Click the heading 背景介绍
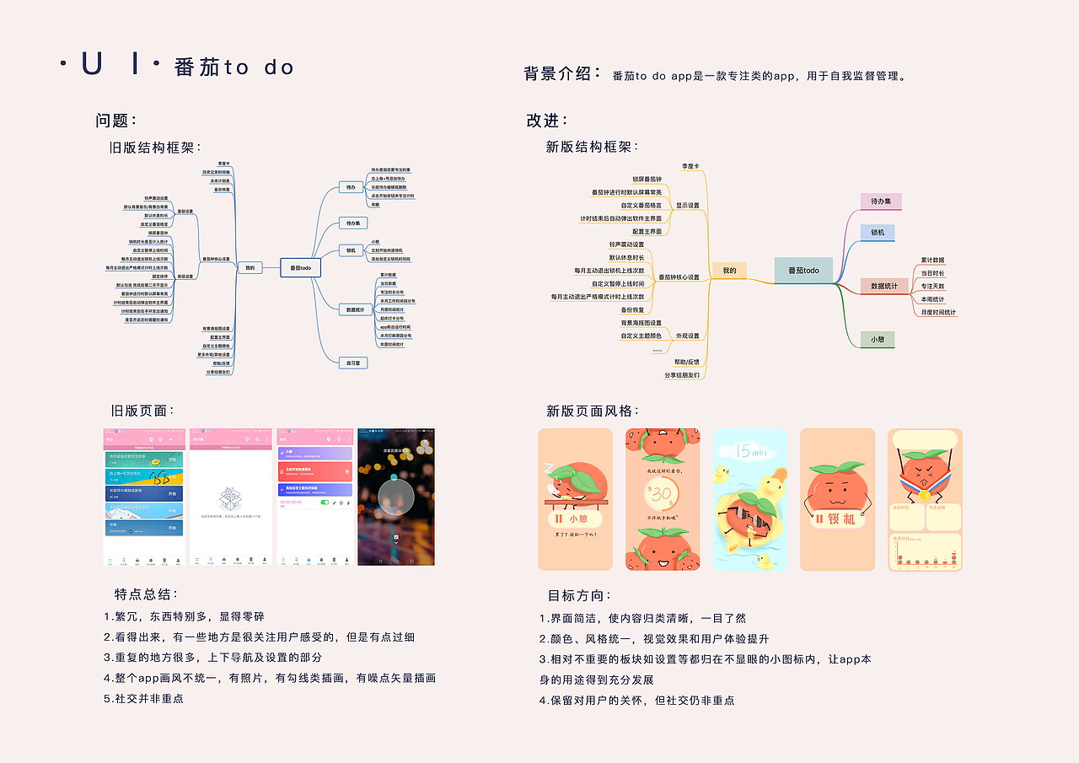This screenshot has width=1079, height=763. (562, 73)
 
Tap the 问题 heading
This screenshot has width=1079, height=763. (116, 121)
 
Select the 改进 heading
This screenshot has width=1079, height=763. (547, 121)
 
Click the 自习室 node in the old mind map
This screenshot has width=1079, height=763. (352, 363)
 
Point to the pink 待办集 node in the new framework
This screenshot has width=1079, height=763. (881, 201)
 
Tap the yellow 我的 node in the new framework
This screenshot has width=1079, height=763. (729, 271)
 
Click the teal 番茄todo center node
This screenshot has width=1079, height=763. (803, 271)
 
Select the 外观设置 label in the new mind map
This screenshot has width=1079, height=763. (687, 336)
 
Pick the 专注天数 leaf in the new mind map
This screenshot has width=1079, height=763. (933, 286)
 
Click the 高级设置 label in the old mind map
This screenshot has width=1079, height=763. (185, 276)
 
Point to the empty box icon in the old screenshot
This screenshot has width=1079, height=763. (231, 498)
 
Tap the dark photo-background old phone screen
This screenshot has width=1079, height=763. (395, 497)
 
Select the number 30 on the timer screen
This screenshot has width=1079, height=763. (663, 492)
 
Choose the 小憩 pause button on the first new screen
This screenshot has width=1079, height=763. (575, 519)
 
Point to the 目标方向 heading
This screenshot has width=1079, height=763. (579, 595)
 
